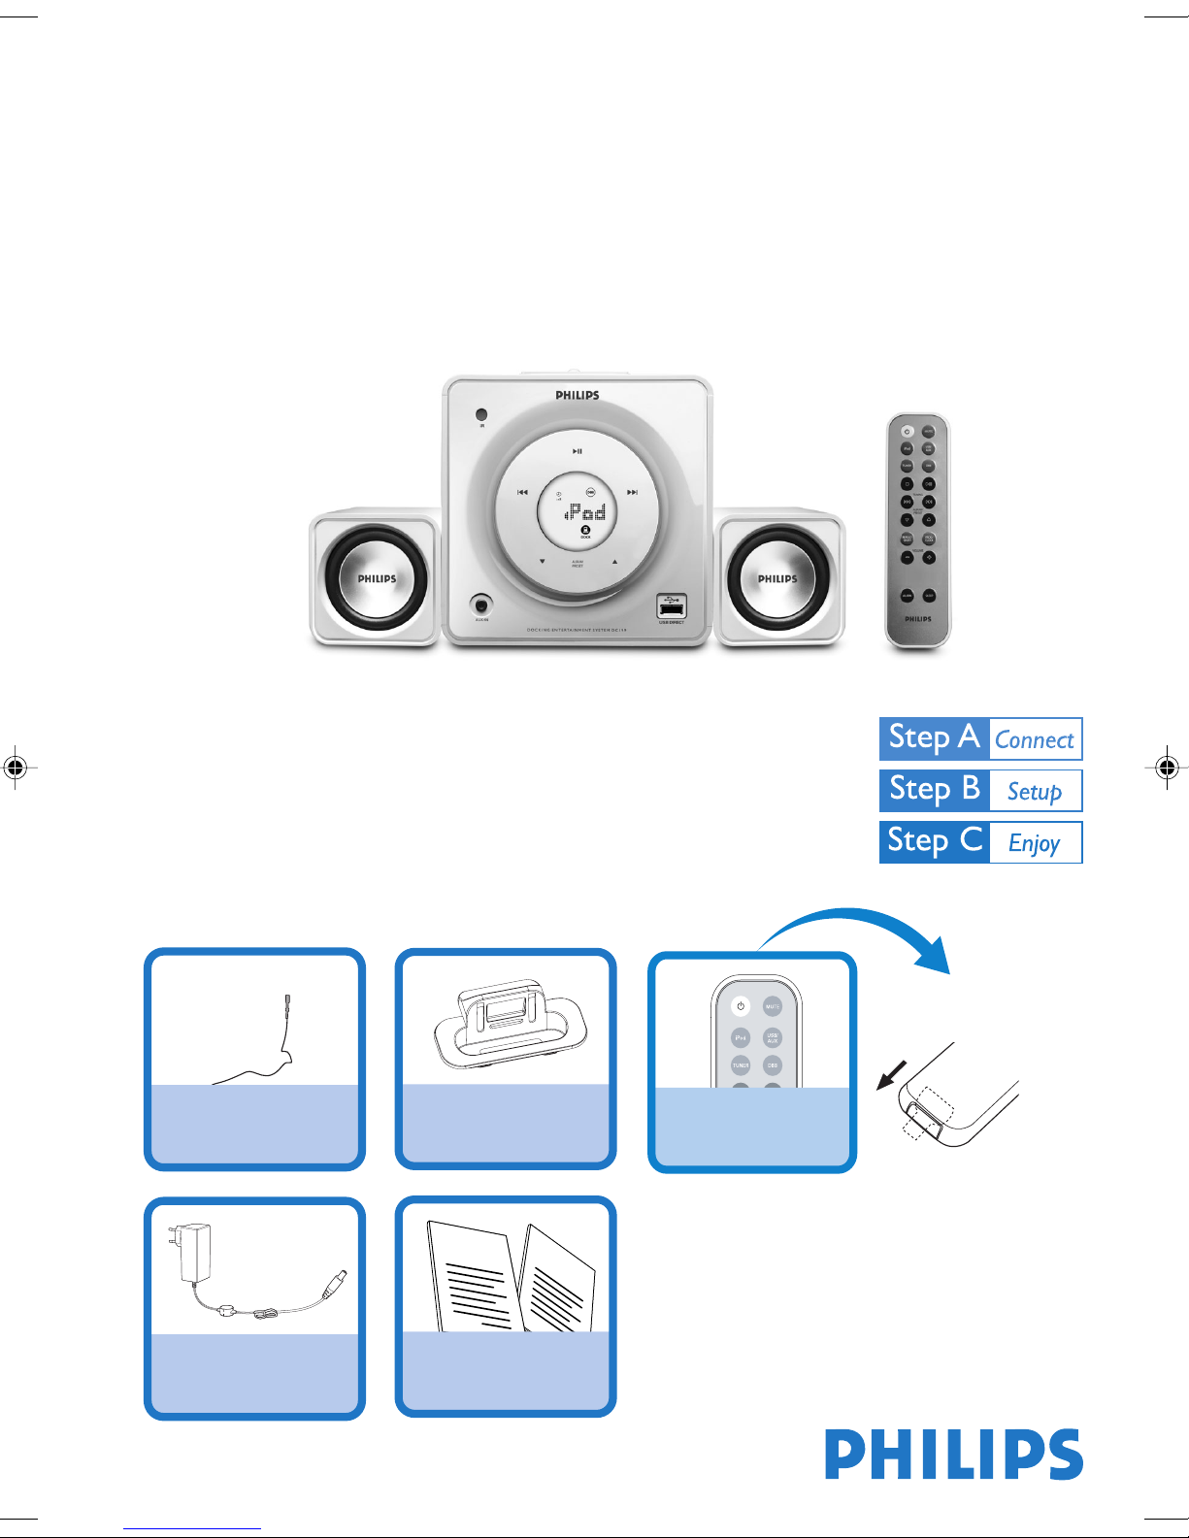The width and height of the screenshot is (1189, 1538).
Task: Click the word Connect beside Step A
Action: point(1035,740)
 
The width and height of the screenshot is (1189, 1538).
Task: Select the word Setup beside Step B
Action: point(1035,792)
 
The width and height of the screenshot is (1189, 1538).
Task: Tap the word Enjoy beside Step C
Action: point(1035,843)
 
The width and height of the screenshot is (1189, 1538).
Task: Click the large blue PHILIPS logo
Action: point(954,1455)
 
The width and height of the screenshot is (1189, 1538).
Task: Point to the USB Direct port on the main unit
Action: point(672,607)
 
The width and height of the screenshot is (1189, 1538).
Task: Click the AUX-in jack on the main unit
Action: point(480,605)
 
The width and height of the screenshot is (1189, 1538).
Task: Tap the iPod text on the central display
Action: point(587,511)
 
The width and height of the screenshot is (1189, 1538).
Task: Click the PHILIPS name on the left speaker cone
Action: point(377,579)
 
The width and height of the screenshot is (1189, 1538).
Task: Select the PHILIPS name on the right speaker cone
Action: point(777,579)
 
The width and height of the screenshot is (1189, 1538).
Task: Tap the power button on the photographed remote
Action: point(907,432)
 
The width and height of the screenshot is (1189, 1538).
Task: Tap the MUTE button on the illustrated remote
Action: point(773,1006)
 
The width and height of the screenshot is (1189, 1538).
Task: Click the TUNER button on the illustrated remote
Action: point(741,1065)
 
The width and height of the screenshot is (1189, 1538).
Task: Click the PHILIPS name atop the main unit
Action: point(578,396)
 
